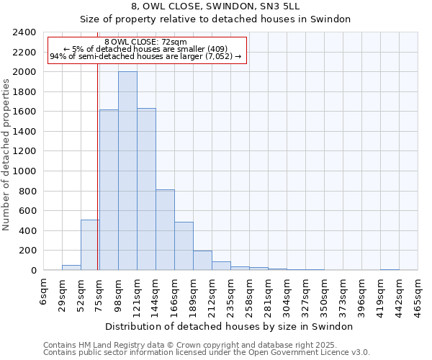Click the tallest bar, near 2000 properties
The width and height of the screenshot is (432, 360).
127,171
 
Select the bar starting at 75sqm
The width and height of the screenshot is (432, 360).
109,190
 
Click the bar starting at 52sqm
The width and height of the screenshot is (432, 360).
90,246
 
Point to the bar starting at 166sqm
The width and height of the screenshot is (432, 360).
184,246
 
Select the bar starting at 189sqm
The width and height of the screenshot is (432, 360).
202,261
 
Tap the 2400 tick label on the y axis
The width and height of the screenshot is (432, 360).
24,32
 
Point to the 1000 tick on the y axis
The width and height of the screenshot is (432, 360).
24,171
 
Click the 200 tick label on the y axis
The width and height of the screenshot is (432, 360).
27,251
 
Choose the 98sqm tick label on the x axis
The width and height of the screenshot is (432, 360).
119,294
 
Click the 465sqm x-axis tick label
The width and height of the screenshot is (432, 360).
418,295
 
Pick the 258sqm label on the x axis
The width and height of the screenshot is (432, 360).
250,295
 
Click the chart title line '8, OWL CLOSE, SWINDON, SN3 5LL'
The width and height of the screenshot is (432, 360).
215,6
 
